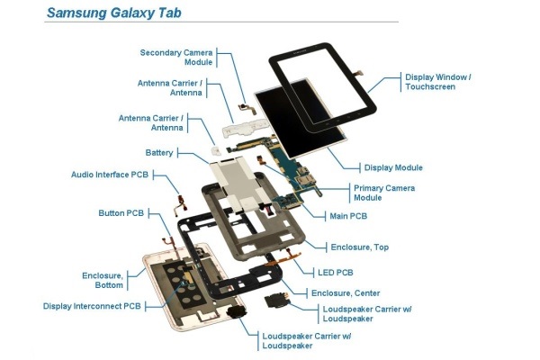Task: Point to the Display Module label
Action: [x=393, y=167]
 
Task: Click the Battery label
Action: [x=159, y=152]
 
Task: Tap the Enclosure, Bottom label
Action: [x=103, y=279]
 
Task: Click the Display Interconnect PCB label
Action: [x=92, y=306]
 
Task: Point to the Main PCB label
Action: [x=352, y=216]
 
